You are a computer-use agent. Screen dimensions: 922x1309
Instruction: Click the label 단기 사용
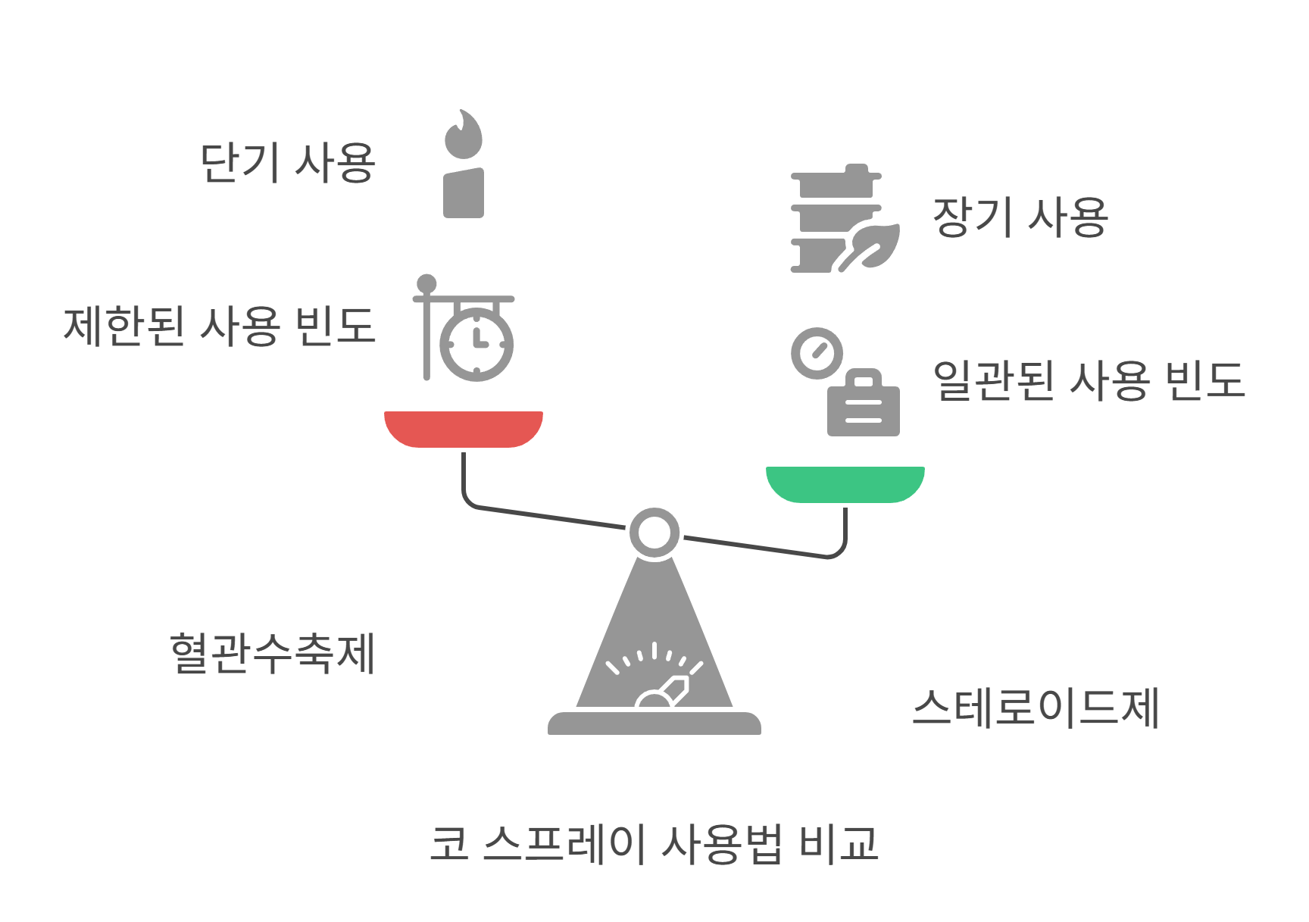287,163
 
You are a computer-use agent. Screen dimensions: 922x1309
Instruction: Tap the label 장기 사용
1020,217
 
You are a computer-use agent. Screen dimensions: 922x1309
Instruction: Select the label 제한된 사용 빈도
219,327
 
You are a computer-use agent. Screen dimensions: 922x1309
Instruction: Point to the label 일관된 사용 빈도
1089,380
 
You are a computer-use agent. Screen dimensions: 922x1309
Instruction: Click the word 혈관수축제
273,653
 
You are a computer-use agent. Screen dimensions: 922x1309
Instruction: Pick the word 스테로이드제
1036,708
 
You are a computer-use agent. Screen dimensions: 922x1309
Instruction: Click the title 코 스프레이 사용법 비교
654,843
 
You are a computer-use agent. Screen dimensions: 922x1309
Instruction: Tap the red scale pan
464,428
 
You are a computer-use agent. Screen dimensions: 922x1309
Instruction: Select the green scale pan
845,483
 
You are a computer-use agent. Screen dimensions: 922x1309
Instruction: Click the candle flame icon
464,135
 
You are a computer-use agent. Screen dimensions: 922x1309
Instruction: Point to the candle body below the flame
464,194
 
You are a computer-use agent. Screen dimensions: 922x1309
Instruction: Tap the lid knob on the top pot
856,168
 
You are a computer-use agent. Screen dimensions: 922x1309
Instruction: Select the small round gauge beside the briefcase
817,353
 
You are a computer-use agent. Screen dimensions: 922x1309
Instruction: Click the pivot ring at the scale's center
654,533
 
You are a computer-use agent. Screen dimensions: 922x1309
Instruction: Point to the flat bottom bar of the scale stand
654,724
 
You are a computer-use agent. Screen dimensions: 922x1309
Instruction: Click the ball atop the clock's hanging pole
426,283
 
